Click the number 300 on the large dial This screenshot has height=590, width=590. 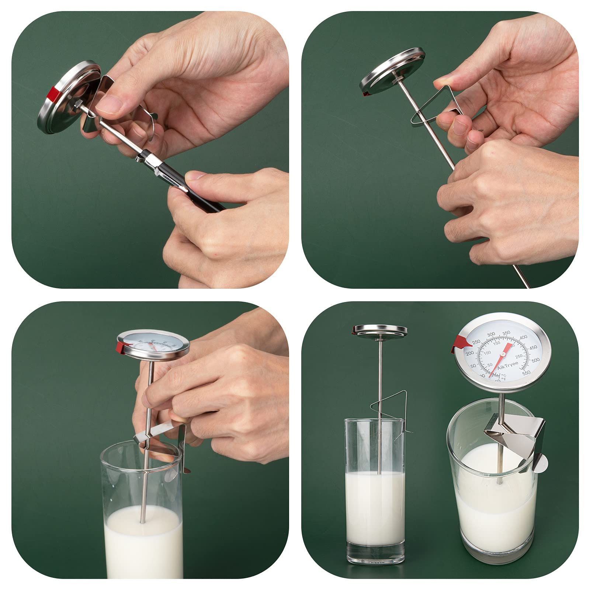pyautogui.click(x=491, y=334)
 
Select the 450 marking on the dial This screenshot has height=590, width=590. pyautogui.click(x=533, y=348)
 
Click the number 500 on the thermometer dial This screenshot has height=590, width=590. pyautogui.click(x=535, y=360)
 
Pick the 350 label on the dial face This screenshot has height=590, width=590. pyautogui.click(x=506, y=333)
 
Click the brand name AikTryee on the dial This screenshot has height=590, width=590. pyautogui.click(x=507, y=365)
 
